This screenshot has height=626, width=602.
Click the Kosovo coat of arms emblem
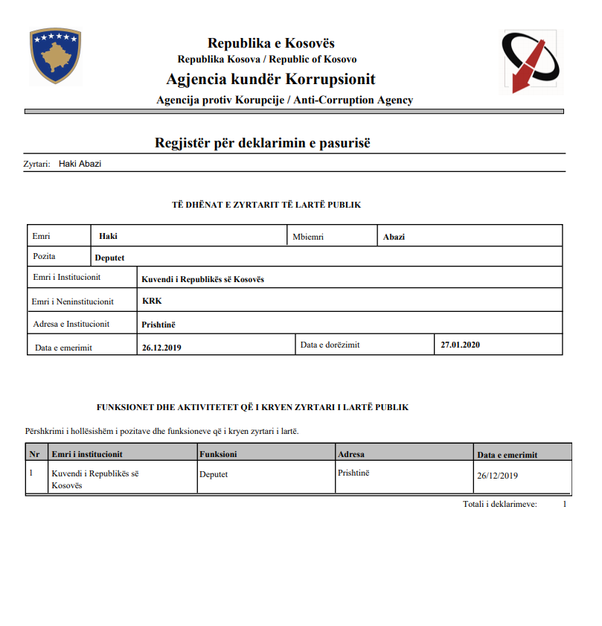(x=55, y=56)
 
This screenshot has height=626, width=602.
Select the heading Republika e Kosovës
(x=271, y=43)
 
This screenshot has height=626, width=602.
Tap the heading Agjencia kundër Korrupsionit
(x=271, y=80)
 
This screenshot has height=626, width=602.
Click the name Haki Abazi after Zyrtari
(x=80, y=164)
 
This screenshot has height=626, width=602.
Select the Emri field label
(x=42, y=237)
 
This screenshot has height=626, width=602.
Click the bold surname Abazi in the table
(x=394, y=237)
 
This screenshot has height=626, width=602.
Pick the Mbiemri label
(x=308, y=237)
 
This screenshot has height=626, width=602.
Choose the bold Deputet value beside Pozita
(x=109, y=258)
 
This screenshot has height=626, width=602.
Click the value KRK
(x=151, y=301)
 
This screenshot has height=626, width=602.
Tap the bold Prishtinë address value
(x=158, y=324)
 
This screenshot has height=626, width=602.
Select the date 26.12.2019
(x=161, y=347)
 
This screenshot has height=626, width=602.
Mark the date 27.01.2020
(x=460, y=345)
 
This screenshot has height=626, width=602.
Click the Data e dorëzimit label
(x=330, y=345)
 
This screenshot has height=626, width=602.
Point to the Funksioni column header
(x=219, y=454)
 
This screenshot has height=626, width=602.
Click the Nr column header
(x=34, y=454)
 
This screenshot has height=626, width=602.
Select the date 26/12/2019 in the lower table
(x=497, y=476)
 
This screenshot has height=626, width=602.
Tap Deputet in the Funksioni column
(x=214, y=473)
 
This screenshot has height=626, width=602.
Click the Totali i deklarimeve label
(x=499, y=505)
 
